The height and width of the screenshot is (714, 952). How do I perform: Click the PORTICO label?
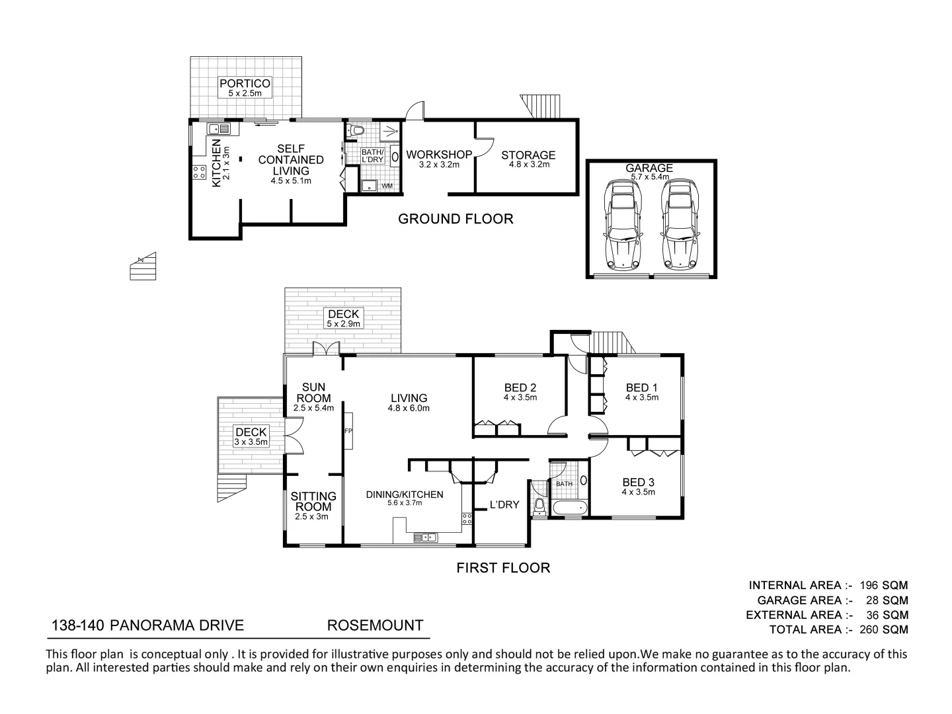(245, 84)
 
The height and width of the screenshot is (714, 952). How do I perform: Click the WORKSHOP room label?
(439, 155)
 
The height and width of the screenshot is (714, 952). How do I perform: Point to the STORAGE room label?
(528, 155)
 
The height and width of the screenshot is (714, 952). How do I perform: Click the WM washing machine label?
(387, 186)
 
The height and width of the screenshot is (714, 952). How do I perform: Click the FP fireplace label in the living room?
(348, 431)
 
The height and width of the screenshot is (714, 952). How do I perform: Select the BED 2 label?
(520, 388)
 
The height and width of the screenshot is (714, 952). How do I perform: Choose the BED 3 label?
(638, 483)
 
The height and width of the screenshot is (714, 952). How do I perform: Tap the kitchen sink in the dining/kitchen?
(426, 537)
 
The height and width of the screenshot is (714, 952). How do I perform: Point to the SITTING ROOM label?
(314, 501)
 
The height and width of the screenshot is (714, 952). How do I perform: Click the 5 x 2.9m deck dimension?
(343, 324)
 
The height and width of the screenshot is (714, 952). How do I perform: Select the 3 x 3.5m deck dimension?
(251, 442)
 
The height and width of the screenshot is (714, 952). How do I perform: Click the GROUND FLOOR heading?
(456, 219)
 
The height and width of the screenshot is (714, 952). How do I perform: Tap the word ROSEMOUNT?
(375, 625)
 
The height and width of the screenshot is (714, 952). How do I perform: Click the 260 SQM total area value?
(883, 629)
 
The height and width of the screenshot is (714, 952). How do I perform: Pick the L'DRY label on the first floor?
(504, 505)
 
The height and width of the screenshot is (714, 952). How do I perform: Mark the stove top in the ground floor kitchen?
(199, 174)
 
